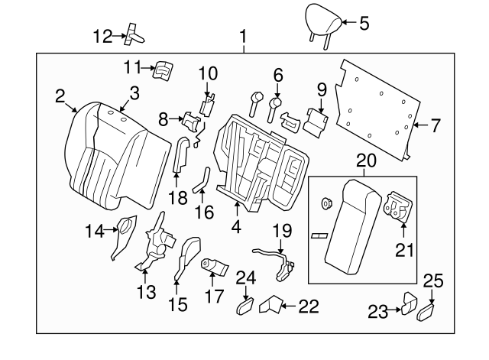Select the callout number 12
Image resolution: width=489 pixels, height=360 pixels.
102,35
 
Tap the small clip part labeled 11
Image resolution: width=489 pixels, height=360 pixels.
163,70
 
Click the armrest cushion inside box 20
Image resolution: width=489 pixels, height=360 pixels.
351,226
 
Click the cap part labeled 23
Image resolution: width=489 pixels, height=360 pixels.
409,306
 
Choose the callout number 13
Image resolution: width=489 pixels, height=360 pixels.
146,291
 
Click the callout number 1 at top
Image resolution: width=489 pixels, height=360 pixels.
244,36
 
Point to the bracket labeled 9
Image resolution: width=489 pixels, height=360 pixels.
316,118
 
